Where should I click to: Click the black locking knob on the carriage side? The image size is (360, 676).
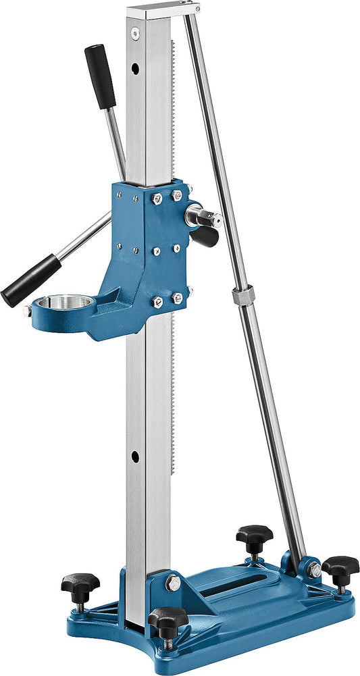click(205, 236)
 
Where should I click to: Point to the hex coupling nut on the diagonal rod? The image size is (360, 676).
click(240, 296)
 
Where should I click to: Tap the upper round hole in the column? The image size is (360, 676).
click(135, 69)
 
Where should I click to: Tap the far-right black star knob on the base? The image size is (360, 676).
click(340, 566)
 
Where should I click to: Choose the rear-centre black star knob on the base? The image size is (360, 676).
click(254, 536)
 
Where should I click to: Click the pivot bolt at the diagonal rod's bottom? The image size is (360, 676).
click(315, 571)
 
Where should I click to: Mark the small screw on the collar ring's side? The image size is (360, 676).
click(27, 311)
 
